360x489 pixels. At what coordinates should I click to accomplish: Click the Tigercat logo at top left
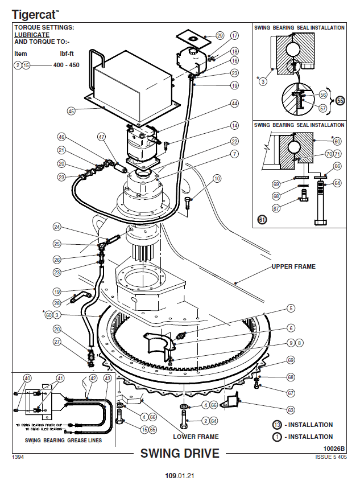(35, 13)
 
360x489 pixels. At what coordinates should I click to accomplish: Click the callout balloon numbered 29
(220, 36)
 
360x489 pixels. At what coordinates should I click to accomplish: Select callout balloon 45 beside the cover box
(71, 111)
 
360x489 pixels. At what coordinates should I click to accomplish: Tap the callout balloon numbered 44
(234, 104)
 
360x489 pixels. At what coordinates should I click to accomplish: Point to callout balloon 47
(102, 137)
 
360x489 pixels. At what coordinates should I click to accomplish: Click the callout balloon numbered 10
(217, 179)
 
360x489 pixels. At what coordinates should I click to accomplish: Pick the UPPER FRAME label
(293, 266)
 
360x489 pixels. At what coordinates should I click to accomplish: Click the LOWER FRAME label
(196, 437)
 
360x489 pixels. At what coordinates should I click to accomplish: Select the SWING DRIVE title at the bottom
(180, 454)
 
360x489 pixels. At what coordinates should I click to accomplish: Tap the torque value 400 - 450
(66, 65)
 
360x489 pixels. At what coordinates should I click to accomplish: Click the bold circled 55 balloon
(341, 101)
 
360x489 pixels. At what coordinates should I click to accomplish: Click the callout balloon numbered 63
(291, 409)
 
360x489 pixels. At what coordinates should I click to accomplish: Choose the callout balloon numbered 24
(57, 227)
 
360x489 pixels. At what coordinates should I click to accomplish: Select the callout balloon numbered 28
(57, 303)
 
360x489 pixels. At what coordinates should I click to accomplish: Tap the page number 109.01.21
(180, 475)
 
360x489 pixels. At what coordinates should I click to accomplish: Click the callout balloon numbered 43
(108, 378)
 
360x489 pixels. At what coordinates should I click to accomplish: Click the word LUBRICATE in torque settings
(31, 34)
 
